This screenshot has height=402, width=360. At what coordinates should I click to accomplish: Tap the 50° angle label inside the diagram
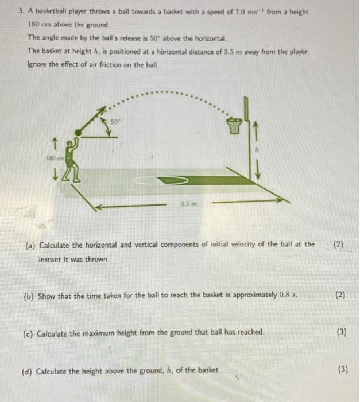click(x=114, y=122)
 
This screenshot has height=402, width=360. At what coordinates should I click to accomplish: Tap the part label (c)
click(x=28, y=333)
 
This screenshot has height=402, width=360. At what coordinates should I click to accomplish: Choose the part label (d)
click(x=27, y=371)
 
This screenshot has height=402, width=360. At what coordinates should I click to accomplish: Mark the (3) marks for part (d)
click(x=342, y=369)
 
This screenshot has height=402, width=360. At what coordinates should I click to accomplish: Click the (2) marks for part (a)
click(x=339, y=244)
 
